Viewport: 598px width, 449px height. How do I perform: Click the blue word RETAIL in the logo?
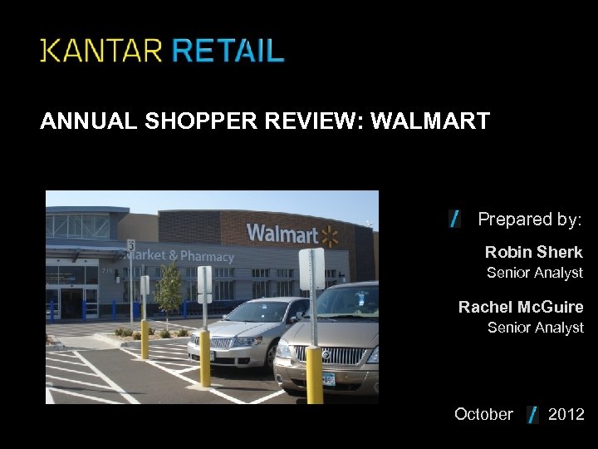[x=228, y=51]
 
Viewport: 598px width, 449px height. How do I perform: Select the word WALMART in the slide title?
[x=429, y=121]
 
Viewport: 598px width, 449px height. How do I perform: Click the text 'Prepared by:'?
[x=530, y=220]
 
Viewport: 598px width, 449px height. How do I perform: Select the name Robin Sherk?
[x=533, y=252]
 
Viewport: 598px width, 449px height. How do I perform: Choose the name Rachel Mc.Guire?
[x=521, y=307]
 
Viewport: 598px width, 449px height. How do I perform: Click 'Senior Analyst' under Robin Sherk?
[x=534, y=273]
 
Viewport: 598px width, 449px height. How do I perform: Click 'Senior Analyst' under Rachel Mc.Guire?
[x=535, y=328]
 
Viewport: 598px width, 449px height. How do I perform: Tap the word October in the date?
[x=483, y=414]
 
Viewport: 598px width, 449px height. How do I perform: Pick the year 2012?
[x=566, y=414]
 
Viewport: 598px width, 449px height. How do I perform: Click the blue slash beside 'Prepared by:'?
[x=454, y=219]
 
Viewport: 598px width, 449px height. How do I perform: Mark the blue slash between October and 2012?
[x=532, y=414]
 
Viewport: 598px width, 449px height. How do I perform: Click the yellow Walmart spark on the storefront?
[x=330, y=236]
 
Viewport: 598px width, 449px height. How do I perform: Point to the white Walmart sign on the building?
[x=282, y=234]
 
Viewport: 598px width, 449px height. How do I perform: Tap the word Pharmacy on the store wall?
[x=207, y=256]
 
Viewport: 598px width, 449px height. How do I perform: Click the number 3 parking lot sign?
[x=131, y=245]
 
